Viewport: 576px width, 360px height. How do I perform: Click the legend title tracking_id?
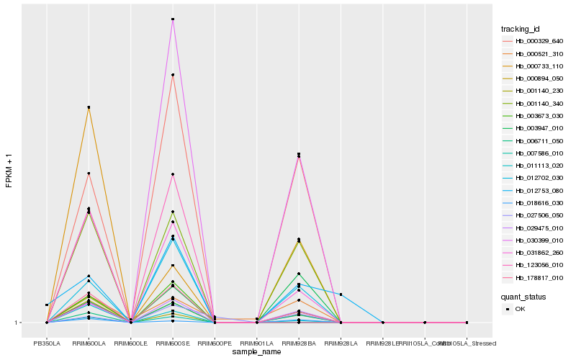[x=521, y=29]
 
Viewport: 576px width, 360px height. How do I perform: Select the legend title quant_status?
[x=523, y=296]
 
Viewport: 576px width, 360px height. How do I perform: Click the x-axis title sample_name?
[x=257, y=352]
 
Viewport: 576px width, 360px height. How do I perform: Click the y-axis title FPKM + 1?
[x=9, y=170]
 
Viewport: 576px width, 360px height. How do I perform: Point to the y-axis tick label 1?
[x=17, y=323]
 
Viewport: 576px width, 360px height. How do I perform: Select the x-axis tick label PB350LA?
[x=47, y=343]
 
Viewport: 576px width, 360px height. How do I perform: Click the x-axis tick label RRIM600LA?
[x=89, y=343]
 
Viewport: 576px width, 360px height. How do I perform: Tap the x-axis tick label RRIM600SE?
[x=173, y=343]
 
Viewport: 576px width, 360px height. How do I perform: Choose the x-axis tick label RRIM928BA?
[x=299, y=343]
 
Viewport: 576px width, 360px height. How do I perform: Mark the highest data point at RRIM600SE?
[x=173, y=19]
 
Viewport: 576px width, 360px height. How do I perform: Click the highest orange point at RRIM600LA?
[x=89, y=107]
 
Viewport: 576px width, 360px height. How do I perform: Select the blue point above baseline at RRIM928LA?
[x=341, y=294]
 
